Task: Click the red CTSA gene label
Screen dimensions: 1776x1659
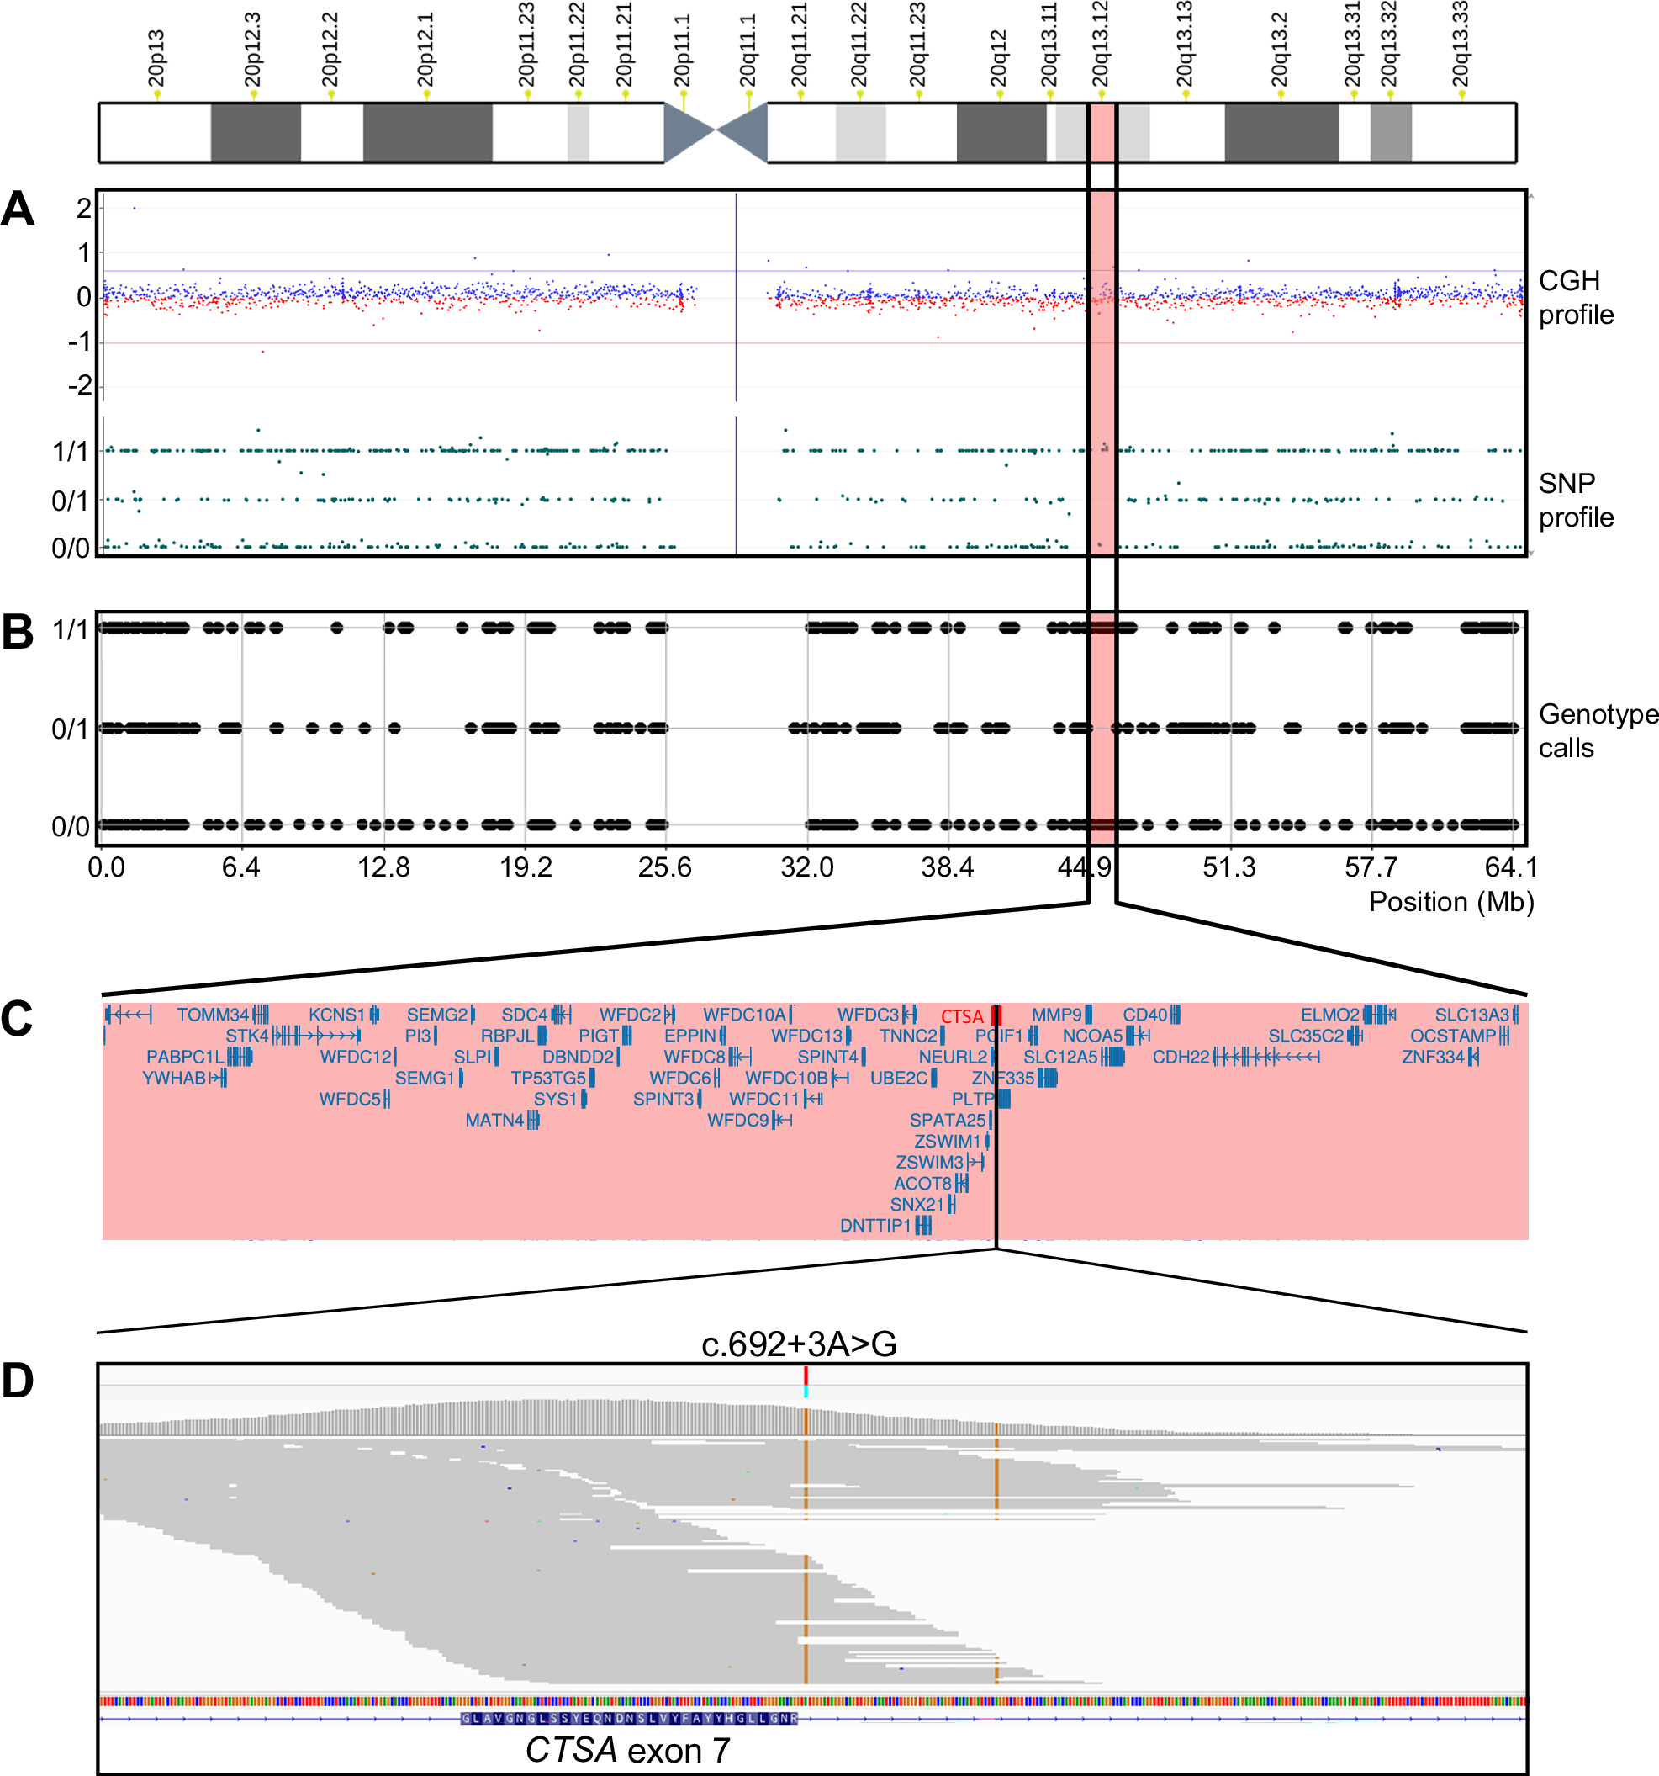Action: pyautogui.click(x=962, y=1016)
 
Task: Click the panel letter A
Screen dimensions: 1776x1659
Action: pyautogui.click(x=18, y=211)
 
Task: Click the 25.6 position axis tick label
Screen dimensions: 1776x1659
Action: pyautogui.click(x=664, y=867)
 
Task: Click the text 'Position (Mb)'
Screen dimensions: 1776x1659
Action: pyautogui.click(x=1451, y=901)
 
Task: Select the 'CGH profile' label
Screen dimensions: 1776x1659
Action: pyautogui.click(x=1575, y=298)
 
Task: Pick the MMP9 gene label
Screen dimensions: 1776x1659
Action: pyautogui.click(x=1056, y=1015)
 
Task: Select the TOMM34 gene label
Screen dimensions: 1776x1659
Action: pyautogui.click(x=213, y=1015)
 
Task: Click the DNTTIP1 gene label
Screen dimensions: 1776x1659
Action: pyautogui.click(x=875, y=1226)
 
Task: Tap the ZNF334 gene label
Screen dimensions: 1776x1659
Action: pyautogui.click(x=1433, y=1057)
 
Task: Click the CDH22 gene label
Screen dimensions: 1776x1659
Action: pyautogui.click(x=1181, y=1057)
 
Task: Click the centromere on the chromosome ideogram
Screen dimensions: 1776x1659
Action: pyautogui.click(x=716, y=132)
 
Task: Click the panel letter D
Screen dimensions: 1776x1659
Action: pyautogui.click(x=18, y=1381)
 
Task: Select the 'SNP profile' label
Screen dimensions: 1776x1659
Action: pyautogui.click(x=1575, y=501)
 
